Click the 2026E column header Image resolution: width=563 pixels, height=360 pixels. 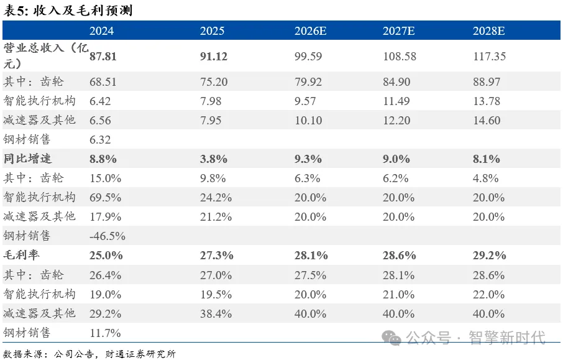click(x=310, y=31)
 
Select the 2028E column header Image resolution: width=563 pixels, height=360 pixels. click(x=488, y=31)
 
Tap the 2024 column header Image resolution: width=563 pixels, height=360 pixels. click(x=102, y=31)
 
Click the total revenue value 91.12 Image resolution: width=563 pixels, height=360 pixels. click(x=214, y=57)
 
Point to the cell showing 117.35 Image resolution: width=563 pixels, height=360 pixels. click(x=490, y=57)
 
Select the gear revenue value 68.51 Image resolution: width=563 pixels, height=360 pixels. click(x=103, y=82)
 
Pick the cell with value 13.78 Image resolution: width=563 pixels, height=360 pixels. click(x=487, y=101)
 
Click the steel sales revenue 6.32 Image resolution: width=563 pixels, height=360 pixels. click(x=100, y=140)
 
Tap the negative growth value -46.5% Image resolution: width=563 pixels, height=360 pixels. click(x=108, y=236)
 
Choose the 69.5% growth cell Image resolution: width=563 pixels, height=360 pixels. click(x=105, y=198)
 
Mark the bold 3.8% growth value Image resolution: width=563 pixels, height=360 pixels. click(x=214, y=159)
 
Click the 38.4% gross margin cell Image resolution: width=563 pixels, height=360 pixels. click(x=216, y=313)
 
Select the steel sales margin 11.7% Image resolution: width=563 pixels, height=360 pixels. click(x=105, y=333)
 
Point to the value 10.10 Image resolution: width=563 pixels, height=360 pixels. click(x=308, y=121)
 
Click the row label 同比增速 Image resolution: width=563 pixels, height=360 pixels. click(x=27, y=159)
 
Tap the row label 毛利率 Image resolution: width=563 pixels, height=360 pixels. click(x=22, y=255)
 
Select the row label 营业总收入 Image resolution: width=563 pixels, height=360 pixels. click(x=34, y=47)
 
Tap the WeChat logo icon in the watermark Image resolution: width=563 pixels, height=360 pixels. click(x=391, y=338)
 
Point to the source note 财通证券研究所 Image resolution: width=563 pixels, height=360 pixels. click(x=140, y=354)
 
